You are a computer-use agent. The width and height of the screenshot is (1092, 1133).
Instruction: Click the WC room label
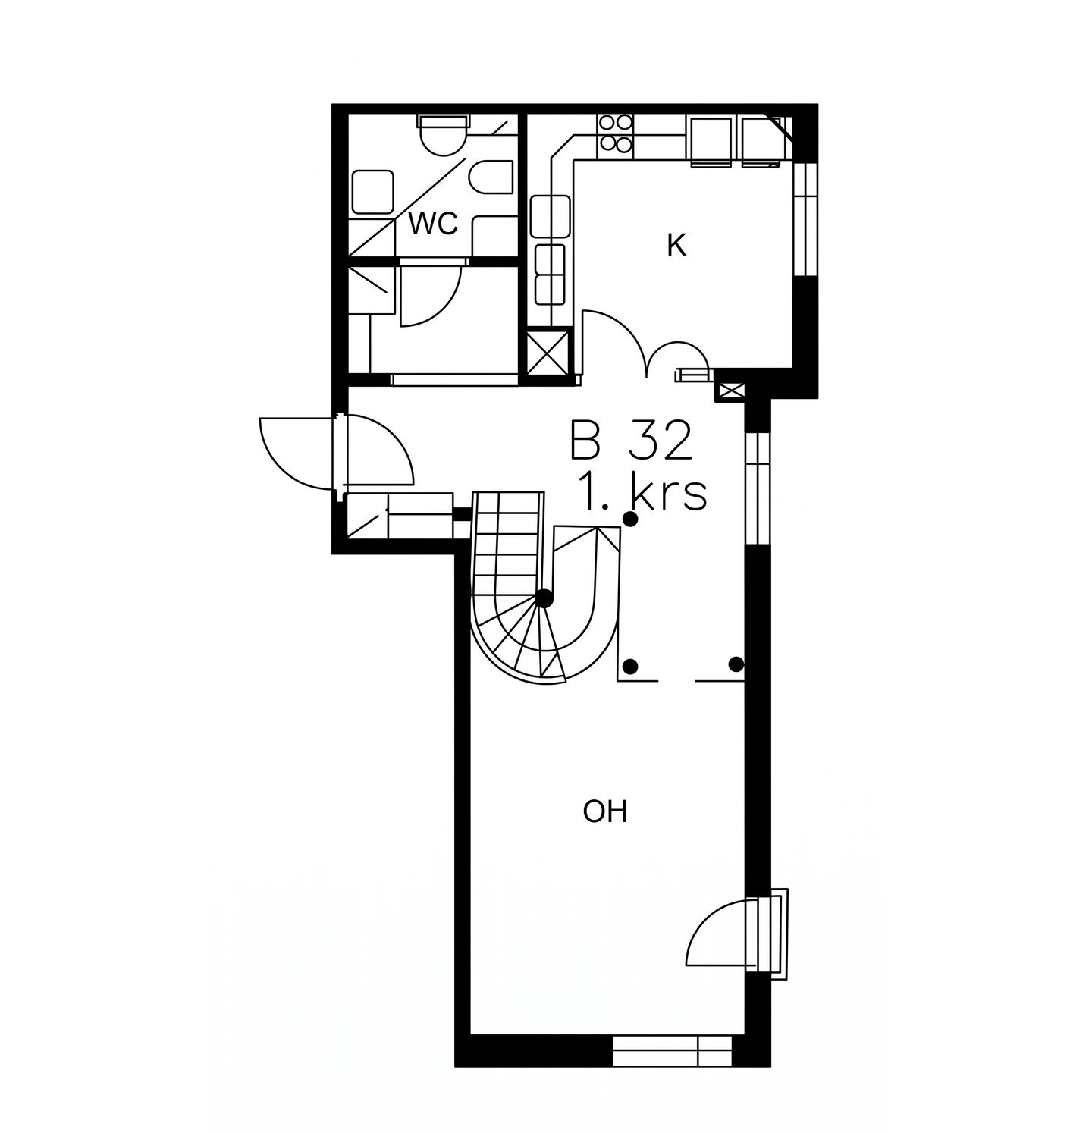(433, 224)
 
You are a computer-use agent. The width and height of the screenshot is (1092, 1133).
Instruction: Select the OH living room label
(605, 812)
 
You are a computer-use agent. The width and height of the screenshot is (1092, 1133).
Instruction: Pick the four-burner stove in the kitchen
(615, 133)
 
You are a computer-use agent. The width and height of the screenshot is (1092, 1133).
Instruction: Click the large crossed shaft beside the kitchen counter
(548, 353)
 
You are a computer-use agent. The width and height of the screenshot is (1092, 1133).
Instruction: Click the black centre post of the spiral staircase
(544, 598)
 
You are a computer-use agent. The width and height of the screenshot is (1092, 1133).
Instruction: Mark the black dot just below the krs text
(629, 519)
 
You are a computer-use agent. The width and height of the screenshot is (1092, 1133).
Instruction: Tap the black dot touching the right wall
(736, 664)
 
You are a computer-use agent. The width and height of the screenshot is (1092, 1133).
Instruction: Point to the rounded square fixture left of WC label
(372, 192)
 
